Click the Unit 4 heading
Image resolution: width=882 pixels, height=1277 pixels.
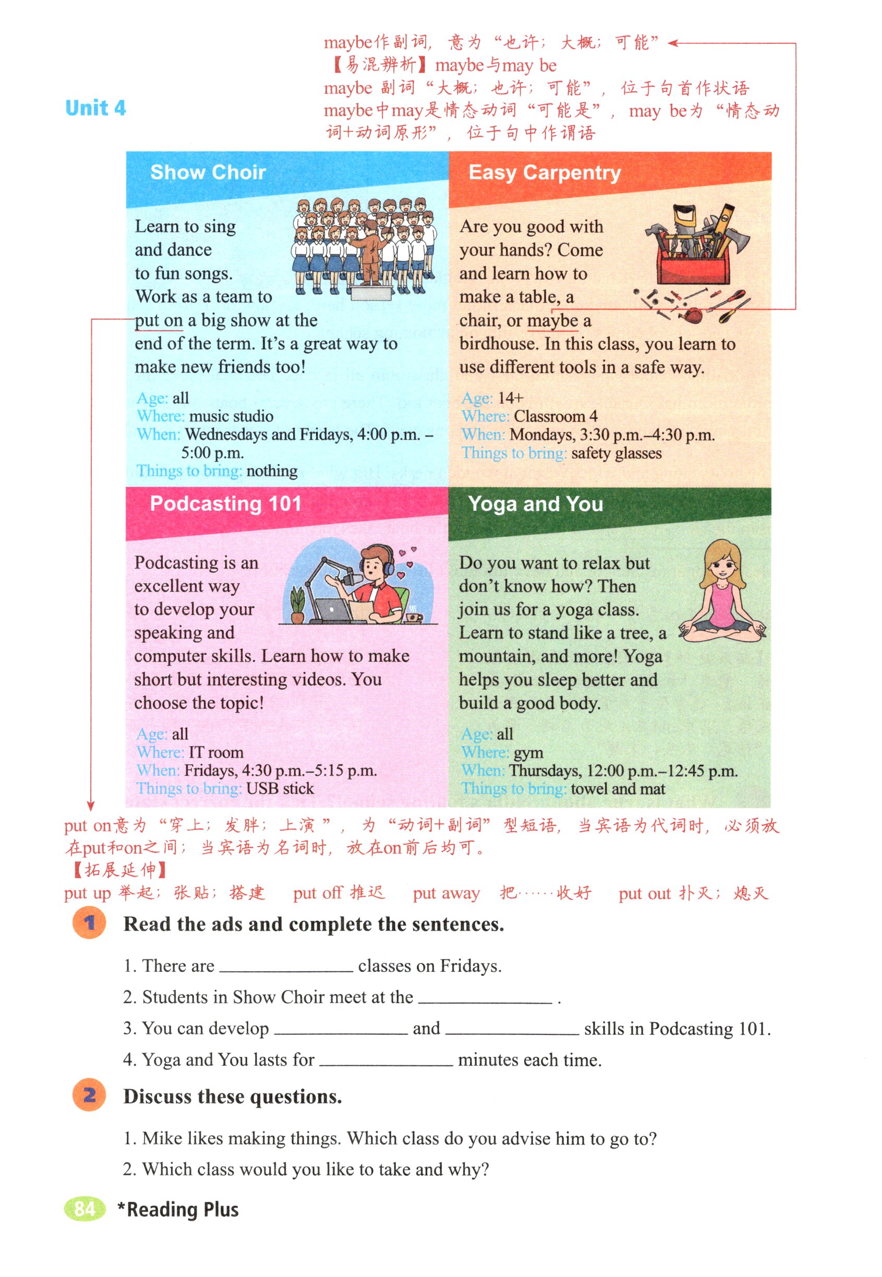(x=95, y=108)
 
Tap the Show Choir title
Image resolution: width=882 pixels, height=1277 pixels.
(x=208, y=172)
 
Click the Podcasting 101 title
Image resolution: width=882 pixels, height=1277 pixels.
(x=225, y=503)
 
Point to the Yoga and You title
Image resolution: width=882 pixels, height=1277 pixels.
(x=535, y=504)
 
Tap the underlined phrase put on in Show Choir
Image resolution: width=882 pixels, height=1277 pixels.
(x=159, y=320)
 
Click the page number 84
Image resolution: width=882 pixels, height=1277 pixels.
(x=84, y=1209)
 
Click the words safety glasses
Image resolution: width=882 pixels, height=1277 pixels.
(x=615, y=453)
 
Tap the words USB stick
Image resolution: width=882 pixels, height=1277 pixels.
(x=280, y=788)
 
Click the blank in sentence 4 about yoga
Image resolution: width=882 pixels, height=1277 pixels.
(x=386, y=1060)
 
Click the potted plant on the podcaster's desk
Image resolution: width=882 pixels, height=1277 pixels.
(x=297, y=605)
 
